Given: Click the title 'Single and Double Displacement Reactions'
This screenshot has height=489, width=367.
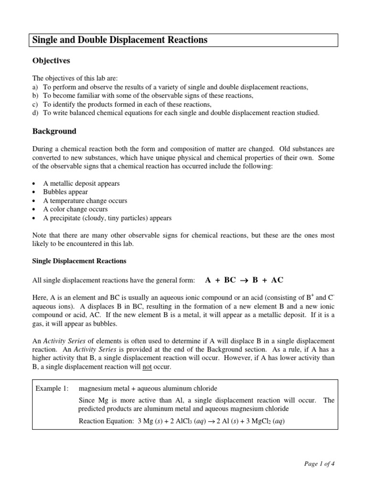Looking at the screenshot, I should pos(119,40).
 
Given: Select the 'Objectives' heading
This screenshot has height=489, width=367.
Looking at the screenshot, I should pos(51,61).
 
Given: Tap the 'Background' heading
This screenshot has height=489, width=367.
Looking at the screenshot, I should pos(54,131).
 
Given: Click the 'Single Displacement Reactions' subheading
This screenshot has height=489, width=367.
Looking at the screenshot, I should pos(79,261).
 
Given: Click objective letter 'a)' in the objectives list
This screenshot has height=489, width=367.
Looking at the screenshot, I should pos(35,87).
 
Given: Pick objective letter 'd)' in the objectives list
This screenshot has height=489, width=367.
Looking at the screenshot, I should pos(35,113).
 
